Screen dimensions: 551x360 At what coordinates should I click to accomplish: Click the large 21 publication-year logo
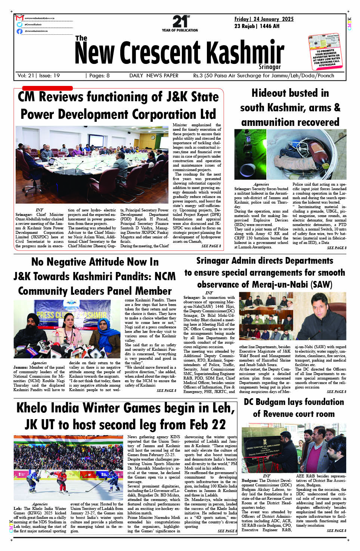pyautogui.click(x=180, y=22)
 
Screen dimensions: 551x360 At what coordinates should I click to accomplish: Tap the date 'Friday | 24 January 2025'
pyautogui.click(x=264, y=19)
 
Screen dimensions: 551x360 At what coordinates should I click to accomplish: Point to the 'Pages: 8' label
pyautogui.click(x=98, y=75)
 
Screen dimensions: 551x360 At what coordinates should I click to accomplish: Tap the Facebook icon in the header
pyautogui.click(x=19, y=31)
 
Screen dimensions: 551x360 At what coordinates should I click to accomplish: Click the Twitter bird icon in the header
pyautogui.click(x=19, y=25)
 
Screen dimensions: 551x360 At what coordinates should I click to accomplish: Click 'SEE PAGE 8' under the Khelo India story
pyautogui.click(x=227, y=530)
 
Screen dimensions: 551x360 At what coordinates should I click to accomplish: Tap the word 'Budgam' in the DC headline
pyautogui.click(x=272, y=402)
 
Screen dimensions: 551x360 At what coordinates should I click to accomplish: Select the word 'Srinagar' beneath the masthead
pyautogui.click(x=269, y=67)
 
